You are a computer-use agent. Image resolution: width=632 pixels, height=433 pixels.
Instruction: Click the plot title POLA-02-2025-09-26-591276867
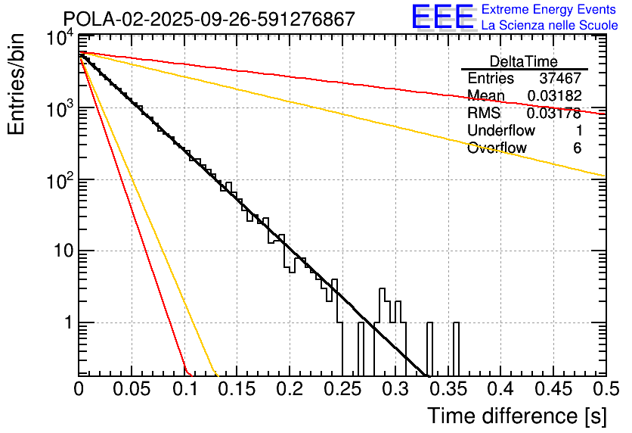click(x=209, y=19)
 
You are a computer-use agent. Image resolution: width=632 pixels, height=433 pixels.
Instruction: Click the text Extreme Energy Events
click(x=550, y=10)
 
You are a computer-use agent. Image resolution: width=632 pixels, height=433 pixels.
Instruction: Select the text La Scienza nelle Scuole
click(x=550, y=25)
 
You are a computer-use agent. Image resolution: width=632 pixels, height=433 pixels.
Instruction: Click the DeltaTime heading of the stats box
click(x=523, y=61)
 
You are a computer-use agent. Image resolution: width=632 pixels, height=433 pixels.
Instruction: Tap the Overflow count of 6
click(x=577, y=148)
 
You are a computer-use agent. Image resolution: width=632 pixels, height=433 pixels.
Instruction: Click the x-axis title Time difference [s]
click(x=517, y=416)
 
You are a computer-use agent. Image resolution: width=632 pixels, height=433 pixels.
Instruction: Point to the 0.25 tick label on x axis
click(x=342, y=389)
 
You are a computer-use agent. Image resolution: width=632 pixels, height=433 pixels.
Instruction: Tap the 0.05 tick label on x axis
click(x=132, y=389)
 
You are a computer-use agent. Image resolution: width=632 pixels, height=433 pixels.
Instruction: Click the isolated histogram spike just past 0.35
click(x=456, y=348)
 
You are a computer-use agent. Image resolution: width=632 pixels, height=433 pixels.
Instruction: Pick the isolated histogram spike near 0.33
click(x=429, y=348)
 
